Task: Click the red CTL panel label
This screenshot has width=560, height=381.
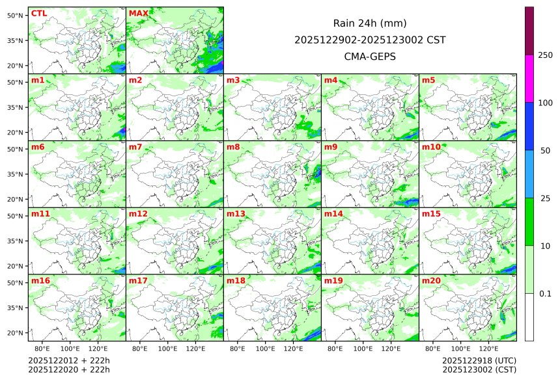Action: [x=38, y=14]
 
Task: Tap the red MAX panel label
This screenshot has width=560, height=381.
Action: [x=138, y=14]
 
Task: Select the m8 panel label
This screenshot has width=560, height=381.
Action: [x=234, y=148]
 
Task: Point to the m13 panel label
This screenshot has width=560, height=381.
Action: [x=236, y=214]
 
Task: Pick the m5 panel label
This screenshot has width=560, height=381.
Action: [x=429, y=81]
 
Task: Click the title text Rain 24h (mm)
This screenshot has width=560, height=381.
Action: [x=370, y=23]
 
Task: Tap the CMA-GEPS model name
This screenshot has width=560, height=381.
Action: [x=370, y=57]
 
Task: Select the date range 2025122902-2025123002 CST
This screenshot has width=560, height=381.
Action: [x=370, y=40]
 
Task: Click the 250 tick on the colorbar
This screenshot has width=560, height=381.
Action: [x=545, y=55]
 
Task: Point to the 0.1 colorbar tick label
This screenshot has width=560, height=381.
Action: [x=545, y=294]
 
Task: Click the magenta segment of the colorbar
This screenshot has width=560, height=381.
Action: [x=529, y=78]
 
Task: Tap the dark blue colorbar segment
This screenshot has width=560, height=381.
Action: [x=529, y=126]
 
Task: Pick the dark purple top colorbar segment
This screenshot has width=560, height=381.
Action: [x=529, y=31]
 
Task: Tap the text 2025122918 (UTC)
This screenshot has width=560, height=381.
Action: [x=479, y=361]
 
